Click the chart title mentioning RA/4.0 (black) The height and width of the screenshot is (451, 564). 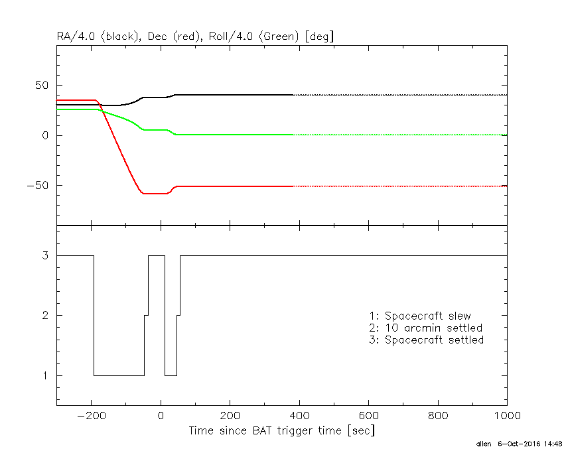click(x=195, y=36)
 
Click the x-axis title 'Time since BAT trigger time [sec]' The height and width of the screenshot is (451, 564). click(x=281, y=430)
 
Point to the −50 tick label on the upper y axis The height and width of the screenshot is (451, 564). click(x=39, y=186)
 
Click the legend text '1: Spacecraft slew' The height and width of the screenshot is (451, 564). click(x=420, y=316)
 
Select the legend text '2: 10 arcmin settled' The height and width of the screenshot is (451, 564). click(x=425, y=328)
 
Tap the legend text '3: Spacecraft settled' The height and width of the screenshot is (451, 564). click(x=426, y=340)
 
